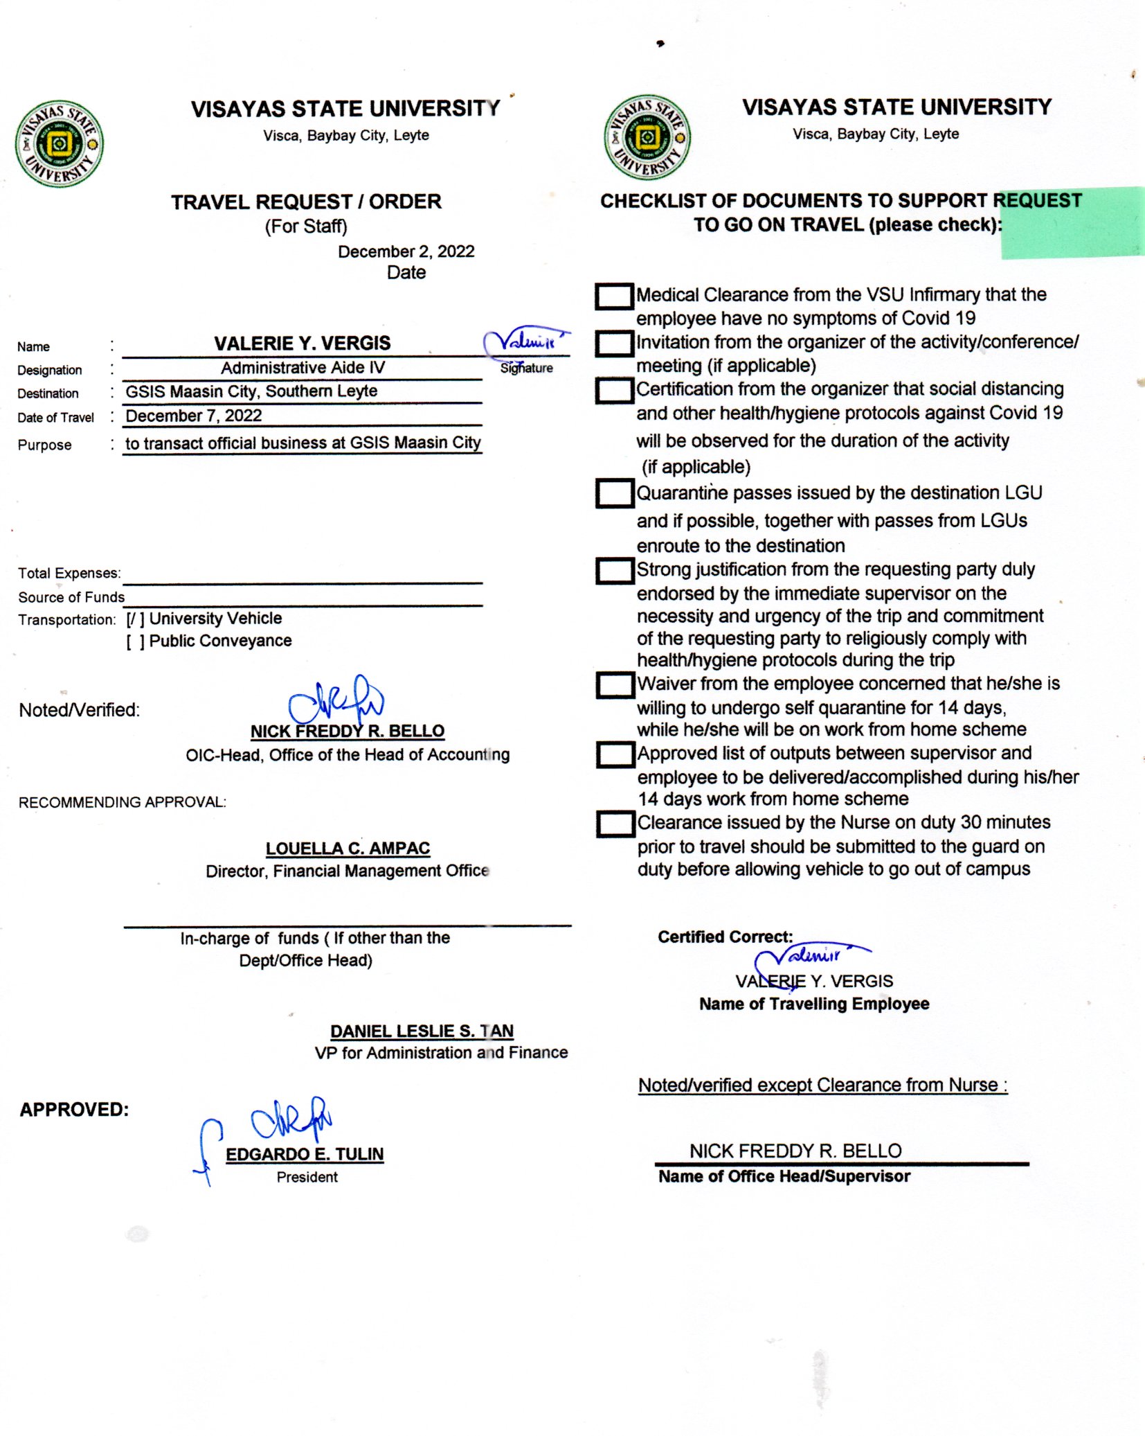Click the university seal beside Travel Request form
click(x=60, y=143)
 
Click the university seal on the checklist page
click(x=647, y=137)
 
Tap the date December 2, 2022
click(x=406, y=251)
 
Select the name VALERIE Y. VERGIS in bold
click(x=302, y=344)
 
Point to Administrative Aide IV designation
click(x=303, y=368)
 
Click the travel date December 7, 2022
click(x=193, y=416)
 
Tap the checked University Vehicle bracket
click(x=135, y=619)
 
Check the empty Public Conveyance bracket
click(x=135, y=641)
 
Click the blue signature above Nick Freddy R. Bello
click(x=336, y=702)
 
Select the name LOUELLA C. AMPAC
click(x=348, y=848)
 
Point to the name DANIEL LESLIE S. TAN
click(x=422, y=1031)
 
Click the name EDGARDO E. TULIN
click(x=305, y=1154)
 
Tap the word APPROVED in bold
click(x=74, y=1110)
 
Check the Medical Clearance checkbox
click(x=614, y=296)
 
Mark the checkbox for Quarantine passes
click(x=615, y=494)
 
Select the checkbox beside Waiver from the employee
click(x=615, y=685)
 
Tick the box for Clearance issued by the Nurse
click(x=615, y=824)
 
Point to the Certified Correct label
click(x=725, y=937)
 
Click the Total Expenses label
click(x=69, y=574)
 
